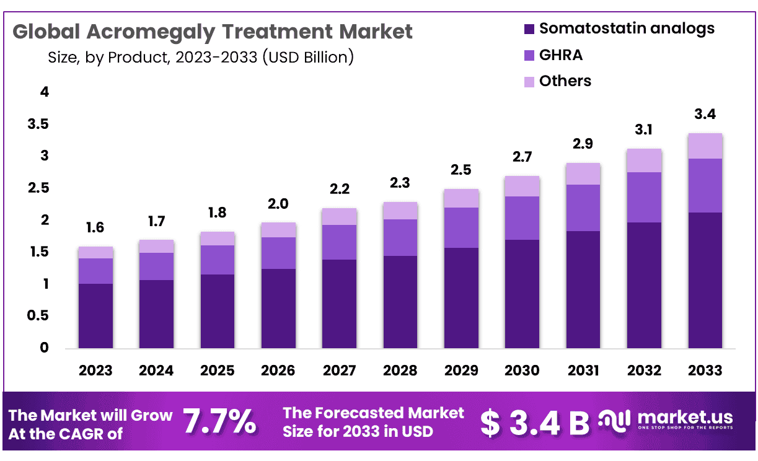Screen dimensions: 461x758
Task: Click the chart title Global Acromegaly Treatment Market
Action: pyautogui.click(x=213, y=32)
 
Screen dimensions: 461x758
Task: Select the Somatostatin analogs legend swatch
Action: pyautogui.click(x=529, y=29)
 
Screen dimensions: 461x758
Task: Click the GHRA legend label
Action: pyautogui.click(x=561, y=55)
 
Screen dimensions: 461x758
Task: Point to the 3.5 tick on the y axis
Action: pyautogui.click(x=38, y=125)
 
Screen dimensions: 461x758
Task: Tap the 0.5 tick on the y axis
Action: pyautogui.click(x=38, y=316)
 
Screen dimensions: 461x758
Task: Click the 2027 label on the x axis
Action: pyautogui.click(x=339, y=371)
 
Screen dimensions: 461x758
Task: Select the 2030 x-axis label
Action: pyautogui.click(x=522, y=371)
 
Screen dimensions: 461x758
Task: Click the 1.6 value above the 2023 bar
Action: pyautogui.click(x=95, y=228)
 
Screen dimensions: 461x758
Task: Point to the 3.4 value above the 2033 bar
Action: pyautogui.click(x=705, y=115)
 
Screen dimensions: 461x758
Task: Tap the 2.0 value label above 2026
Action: pyautogui.click(x=278, y=204)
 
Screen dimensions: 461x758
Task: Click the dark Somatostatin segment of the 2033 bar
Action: pyautogui.click(x=705, y=280)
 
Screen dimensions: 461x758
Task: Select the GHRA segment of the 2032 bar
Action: pyautogui.click(x=644, y=197)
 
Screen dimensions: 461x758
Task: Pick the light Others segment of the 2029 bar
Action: pyautogui.click(x=461, y=198)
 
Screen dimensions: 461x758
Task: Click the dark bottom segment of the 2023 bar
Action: pyautogui.click(x=95, y=316)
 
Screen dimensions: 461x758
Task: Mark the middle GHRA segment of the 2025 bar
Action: pyautogui.click(x=218, y=260)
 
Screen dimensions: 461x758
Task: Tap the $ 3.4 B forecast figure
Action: pyautogui.click(x=535, y=423)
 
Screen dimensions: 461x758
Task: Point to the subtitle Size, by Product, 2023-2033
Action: pyautogui.click(x=200, y=58)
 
